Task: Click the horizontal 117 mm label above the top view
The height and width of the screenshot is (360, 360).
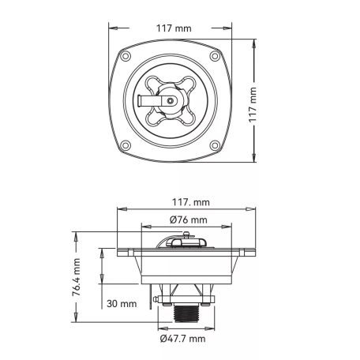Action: (174, 28)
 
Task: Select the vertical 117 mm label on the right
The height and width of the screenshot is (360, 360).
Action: (253, 105)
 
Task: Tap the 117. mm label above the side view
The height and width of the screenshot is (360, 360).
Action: (191, 202)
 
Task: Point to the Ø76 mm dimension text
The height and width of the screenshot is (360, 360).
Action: (189, 219)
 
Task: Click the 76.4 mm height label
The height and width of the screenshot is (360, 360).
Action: (77, 277)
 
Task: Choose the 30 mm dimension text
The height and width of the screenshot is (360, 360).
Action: (122, 304)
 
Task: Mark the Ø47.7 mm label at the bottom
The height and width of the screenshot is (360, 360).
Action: (182, 339)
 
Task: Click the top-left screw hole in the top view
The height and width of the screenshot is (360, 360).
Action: (126, 56)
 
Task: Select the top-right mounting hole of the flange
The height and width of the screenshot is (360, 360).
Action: (215, 56)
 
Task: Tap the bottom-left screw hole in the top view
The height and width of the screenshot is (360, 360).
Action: (126, 145)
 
